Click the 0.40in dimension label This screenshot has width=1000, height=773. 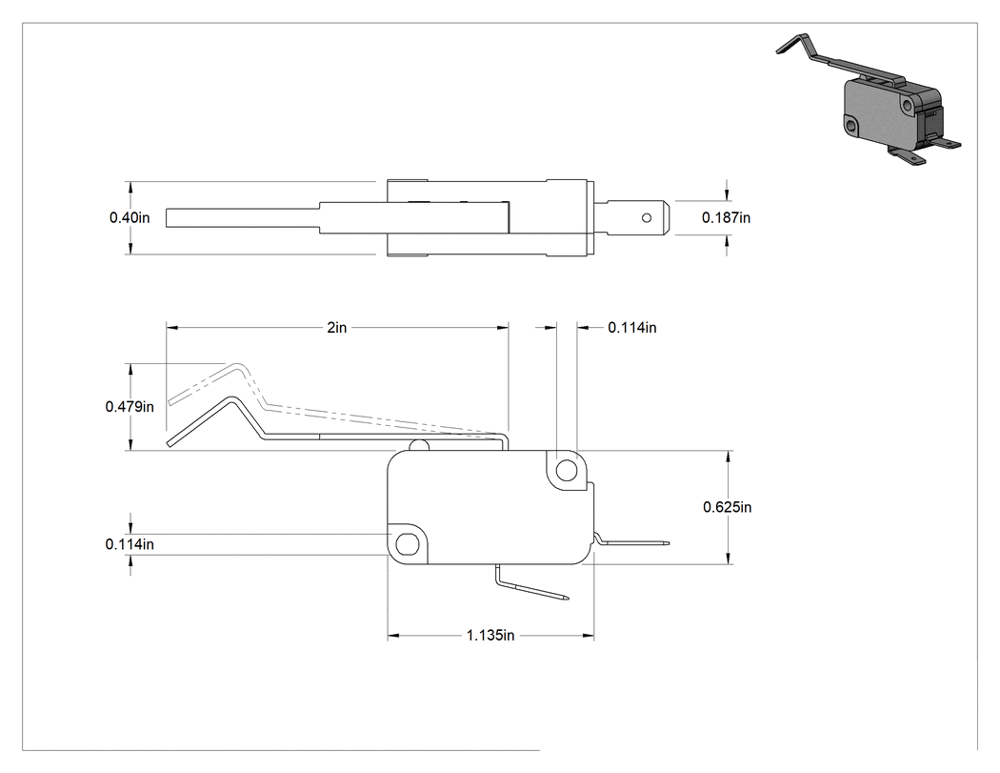[130, 217]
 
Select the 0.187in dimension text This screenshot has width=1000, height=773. [726, 217]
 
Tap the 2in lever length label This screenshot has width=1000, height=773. [337, 328]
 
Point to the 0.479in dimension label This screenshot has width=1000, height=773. [130, 407]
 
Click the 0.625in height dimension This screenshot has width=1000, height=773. [727, 507]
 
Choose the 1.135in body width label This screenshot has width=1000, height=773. [490, 635]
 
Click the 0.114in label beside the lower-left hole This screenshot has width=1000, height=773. [130, 544]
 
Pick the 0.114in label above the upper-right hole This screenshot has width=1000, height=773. [632, 328]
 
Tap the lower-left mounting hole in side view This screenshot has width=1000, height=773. [408, 544]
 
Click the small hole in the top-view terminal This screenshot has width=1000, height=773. [646, 218]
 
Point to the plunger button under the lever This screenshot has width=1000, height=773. [418, 445]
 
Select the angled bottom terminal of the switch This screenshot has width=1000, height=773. [530, 584]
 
